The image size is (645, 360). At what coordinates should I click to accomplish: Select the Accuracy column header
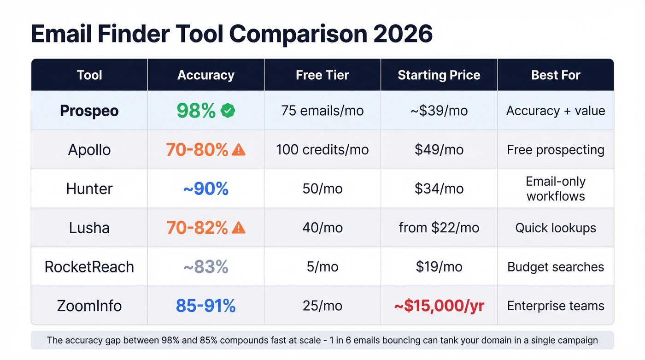206,75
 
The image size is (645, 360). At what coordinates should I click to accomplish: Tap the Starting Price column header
439,75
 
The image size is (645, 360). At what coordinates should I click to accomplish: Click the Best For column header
556,75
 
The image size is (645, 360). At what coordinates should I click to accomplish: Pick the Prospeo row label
89,111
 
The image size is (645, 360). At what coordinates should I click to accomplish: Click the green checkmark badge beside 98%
228,111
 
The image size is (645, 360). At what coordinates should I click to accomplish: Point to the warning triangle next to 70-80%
239,149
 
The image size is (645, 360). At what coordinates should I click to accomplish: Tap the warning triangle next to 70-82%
239,228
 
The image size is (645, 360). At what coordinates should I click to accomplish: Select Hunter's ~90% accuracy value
206,189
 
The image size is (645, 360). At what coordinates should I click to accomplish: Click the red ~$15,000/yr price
439,306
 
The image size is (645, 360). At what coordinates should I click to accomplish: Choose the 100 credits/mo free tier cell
322,149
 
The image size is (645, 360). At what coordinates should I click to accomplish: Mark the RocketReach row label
89,267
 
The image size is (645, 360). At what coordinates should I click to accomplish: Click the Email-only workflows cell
556,189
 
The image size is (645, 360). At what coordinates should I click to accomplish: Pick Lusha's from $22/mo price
439,228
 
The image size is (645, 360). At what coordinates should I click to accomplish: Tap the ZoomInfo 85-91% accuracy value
206,306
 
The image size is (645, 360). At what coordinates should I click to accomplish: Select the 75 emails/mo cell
322,111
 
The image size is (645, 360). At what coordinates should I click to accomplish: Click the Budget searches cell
556,267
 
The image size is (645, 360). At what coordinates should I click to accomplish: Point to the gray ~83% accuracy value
206,267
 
